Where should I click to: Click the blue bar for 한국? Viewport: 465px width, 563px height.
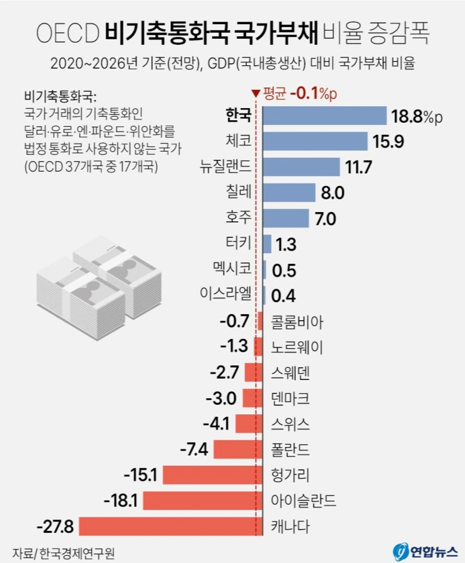coord(324,116)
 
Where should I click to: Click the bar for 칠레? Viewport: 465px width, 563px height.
coord(289,193)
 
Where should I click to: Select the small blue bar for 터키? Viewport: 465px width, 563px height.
coord(267,244)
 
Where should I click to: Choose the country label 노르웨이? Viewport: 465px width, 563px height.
coord(298,346)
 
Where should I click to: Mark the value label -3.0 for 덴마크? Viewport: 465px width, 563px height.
coord(223,398)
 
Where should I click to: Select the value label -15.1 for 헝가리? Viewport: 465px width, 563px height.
coord(140,475)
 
